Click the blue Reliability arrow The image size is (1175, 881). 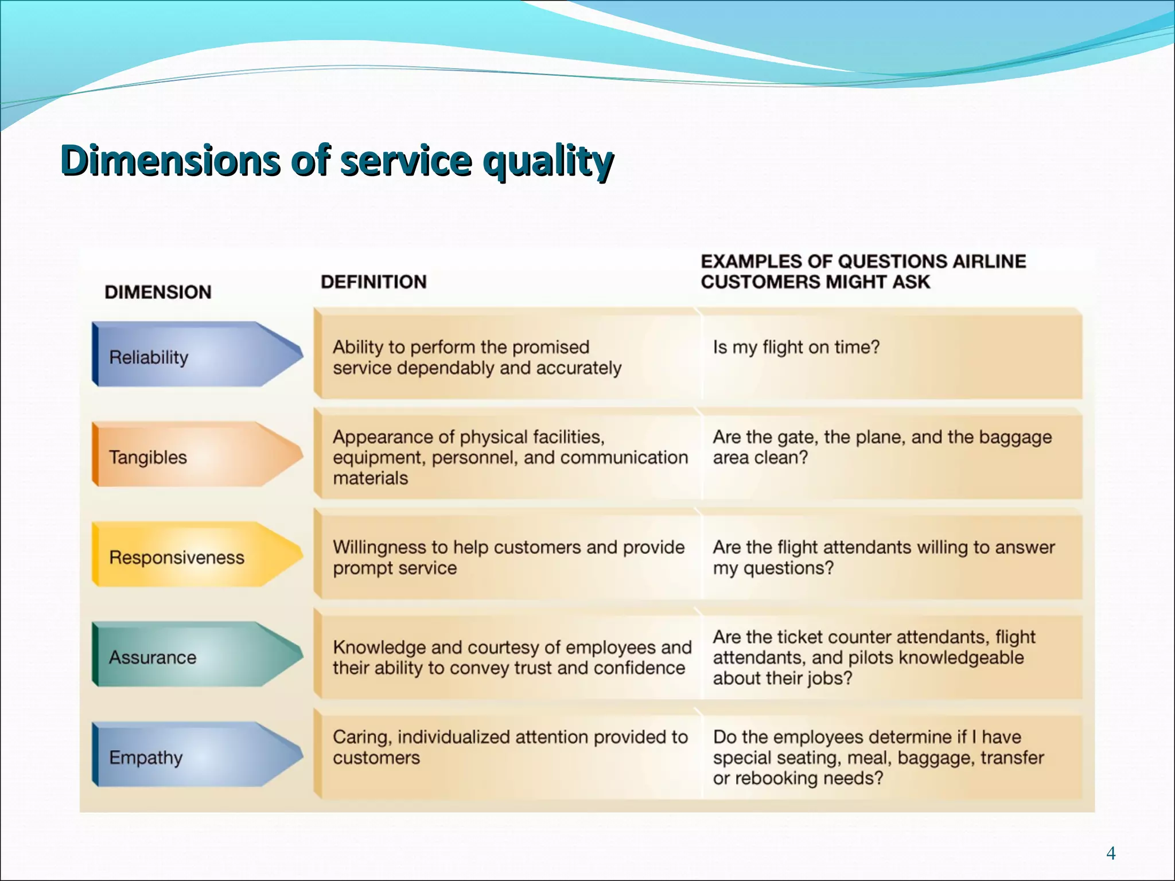click(195, 355)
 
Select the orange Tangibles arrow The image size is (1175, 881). click(195, 455)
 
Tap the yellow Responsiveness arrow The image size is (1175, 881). click(195, 555)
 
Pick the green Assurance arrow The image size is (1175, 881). click(195, 655)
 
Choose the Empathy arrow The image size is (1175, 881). click(195, 755)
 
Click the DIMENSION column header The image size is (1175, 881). click(158, 292)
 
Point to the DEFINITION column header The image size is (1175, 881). click(373, 282)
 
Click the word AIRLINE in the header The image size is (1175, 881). click(989, 262)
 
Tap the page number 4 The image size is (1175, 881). click(1111, 853)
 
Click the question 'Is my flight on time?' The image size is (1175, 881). click(796, 347)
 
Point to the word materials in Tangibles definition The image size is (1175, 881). click(370, 478)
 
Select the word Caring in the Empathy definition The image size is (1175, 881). click(361, 737)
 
